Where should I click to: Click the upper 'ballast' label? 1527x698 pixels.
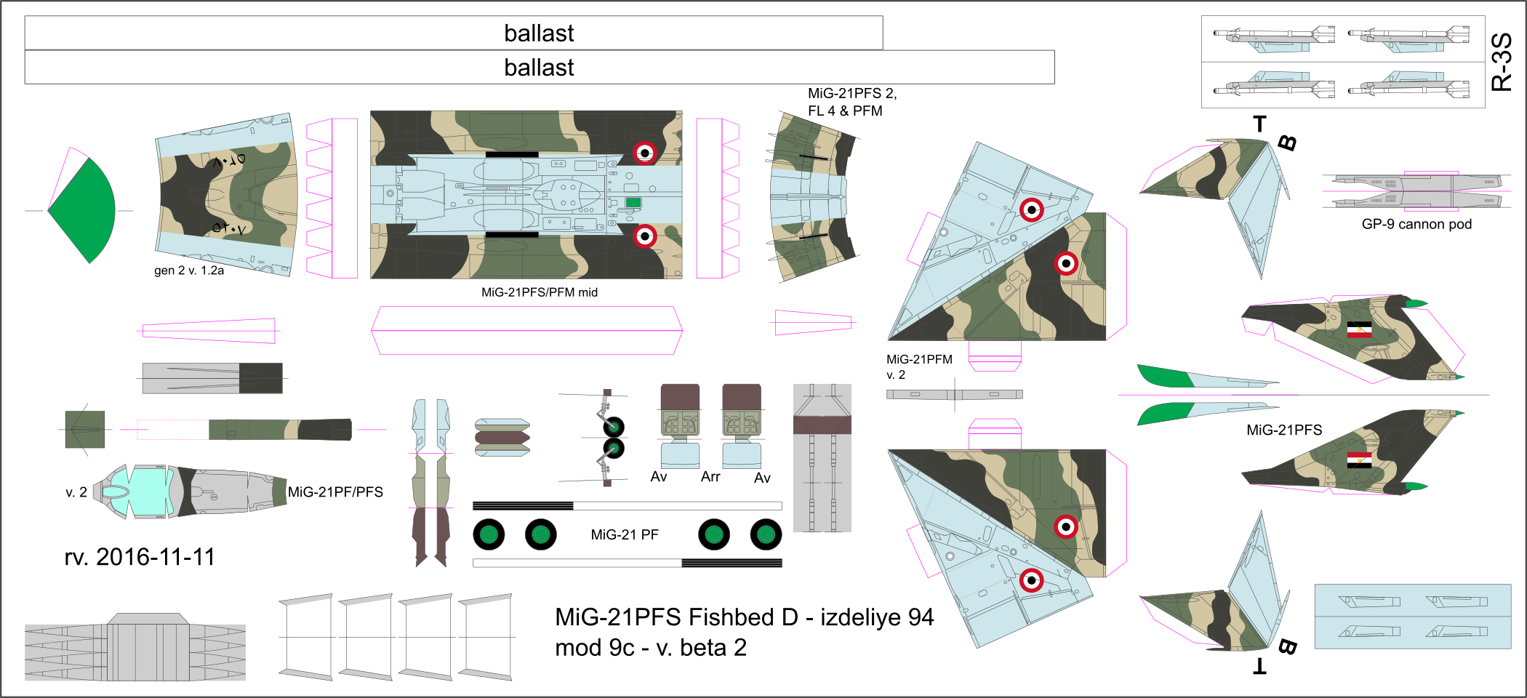coord(539,33)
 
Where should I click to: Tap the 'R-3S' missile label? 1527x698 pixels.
coord(1502,62)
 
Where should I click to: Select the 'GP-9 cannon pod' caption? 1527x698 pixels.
coord(1416,225)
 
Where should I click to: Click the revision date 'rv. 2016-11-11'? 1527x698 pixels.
coord(140,557)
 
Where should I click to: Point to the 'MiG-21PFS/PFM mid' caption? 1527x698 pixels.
coord(540,292)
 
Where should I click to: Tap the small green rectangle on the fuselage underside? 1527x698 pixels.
coord(633,203)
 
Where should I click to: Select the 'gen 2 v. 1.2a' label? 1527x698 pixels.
coord(189,270)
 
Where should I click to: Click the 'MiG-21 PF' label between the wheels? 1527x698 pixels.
coord(625,535)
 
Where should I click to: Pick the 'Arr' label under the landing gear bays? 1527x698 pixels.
coord(710,477)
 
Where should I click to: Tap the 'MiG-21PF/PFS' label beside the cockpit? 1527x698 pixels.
coord(335,492)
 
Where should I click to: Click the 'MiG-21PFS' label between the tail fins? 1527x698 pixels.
coord(1284,430)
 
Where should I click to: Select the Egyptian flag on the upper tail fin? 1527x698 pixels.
coord(1359,330)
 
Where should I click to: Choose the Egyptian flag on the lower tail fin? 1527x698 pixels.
coord(1359,460)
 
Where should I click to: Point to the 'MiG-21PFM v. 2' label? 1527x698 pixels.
coord(919,366)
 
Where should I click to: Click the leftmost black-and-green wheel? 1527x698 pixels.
coord(489,535)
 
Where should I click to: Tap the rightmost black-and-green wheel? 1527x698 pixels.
coord(766,535)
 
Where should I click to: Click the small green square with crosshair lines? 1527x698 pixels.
coord(85,430)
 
